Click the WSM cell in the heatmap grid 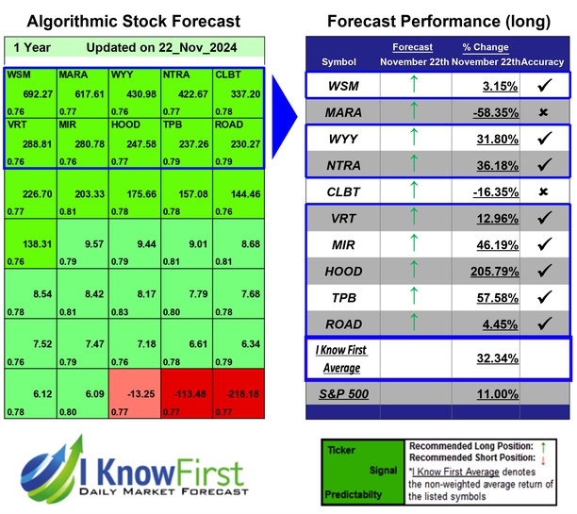click(29, 84)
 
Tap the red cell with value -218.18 click(238, 394)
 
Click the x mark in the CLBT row click(544, 192)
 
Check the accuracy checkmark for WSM click(544, 86)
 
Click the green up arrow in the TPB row click(413, 298)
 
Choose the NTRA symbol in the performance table click(345, 166)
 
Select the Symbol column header click(339, 61)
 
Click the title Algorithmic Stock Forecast click(133, 21)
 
